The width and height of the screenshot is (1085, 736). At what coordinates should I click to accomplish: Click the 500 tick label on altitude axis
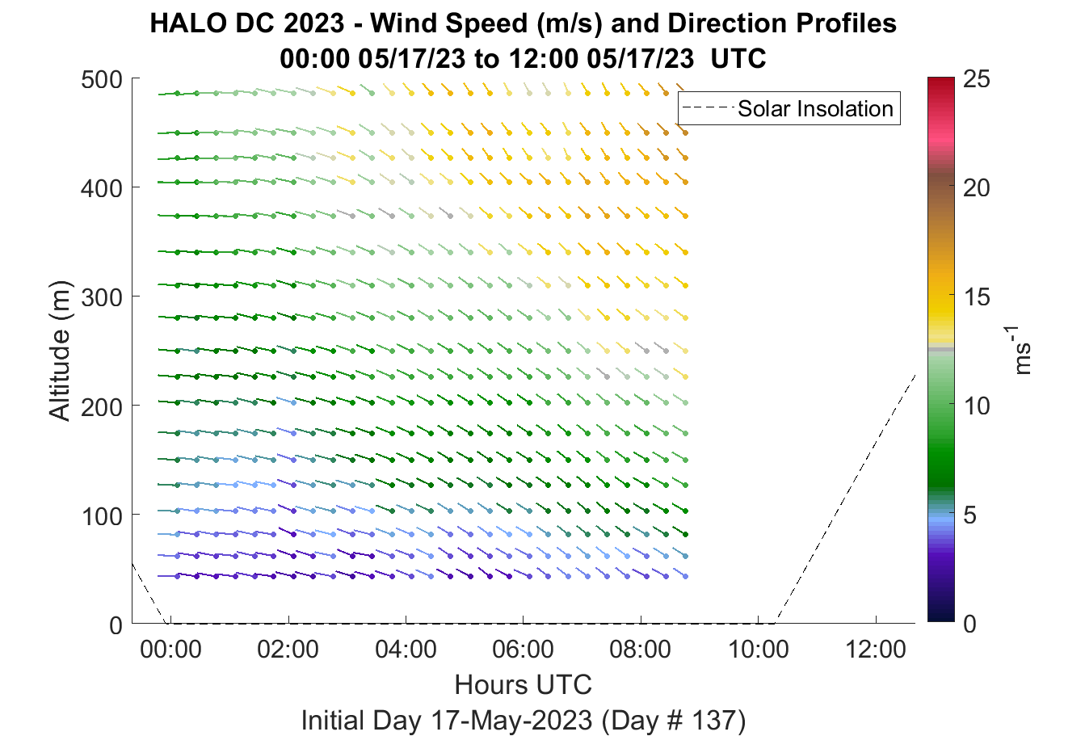pyautogui.click(x=102, y=80)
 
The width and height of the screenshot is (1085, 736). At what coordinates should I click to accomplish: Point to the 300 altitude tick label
pyautogui.click(x=102, y=297)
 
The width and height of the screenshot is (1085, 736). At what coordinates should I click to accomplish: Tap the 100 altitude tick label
pyautogui.click(x=103, y=516)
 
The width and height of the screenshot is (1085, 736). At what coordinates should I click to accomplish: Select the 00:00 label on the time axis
pyautogui.click(x=170, y=650)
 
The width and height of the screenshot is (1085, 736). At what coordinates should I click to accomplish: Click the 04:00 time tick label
pyautogui.click(x=406, y=650)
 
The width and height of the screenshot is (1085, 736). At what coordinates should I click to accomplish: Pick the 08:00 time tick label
pyautogui.click(x=641, y=650)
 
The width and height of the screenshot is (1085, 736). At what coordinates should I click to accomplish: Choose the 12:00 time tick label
pyautogui.click(x=875, y=650)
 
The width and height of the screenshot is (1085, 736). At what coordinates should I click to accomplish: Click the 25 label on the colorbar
pyautogui.click(x=977, y=79)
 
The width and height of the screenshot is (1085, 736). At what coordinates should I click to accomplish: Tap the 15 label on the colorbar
pyautogui.click(x=977, y=297)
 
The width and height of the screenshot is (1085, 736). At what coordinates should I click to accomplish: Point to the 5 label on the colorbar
pyautogui.click(x=969, y=515)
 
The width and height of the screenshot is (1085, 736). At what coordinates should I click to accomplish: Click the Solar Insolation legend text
pyautogui.click(x=815, y=108)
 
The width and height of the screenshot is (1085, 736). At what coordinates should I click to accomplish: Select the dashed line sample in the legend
pyautogui.click(x=708, y=108)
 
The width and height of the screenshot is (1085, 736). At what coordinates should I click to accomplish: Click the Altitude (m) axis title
pyautogui.click(x=60, y=351)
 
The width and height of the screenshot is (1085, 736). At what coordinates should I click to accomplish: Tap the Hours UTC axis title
pyautogui.click(x=524, y=685)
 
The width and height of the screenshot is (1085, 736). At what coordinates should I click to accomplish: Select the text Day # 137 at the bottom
pyautogui.click(x=674, y=721)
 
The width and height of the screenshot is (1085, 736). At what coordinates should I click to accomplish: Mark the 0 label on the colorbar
pyautogui.click(x=969, y=624)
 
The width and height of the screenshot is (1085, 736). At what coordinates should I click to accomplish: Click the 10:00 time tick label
pyautogui.click(x=758, y=650)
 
